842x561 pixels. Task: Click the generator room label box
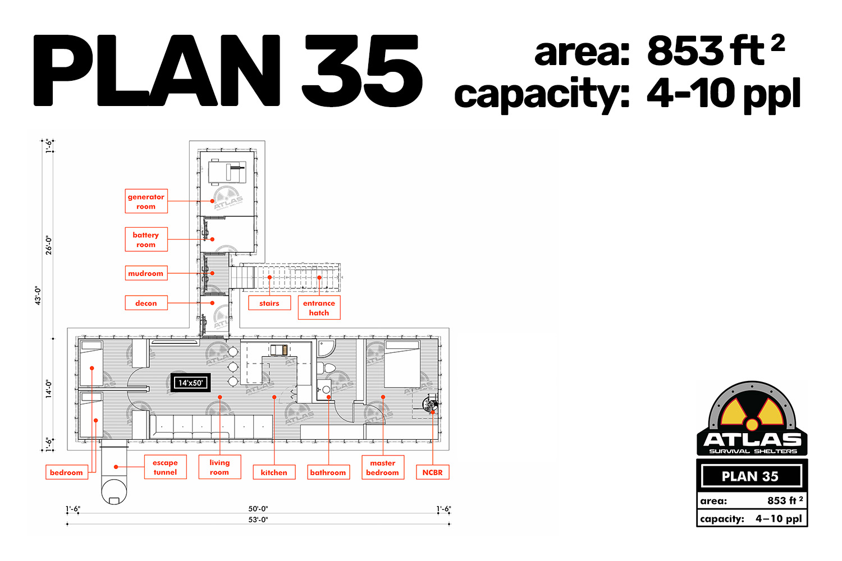(x=146, y=201)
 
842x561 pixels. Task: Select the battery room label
(x=146, y=240)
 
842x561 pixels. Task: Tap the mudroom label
(x=146, y=273)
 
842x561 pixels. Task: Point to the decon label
(x=146, y=303)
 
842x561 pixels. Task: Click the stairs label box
(x=269, y=303)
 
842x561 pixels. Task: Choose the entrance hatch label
(x=319, y=308)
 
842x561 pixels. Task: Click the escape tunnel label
(x=166, y=467)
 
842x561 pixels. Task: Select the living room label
(x=219, y=467)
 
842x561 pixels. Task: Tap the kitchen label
(x=274, y=472)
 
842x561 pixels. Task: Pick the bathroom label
(x=328, y=472)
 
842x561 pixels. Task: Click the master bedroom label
(x=383, y=467)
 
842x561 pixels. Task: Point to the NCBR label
(x=433, y=472)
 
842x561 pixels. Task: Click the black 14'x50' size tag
(x=191, y=383)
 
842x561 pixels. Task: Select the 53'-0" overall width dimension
(x=258, y=520)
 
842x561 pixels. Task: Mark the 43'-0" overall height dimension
(x=38, y=295)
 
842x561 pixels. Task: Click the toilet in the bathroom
(x=326, y=368)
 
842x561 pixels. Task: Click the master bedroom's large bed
(x=402, y=364)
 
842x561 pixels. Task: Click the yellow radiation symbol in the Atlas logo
(x=752, y=414)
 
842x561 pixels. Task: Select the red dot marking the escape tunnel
(x=116, y=467)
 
